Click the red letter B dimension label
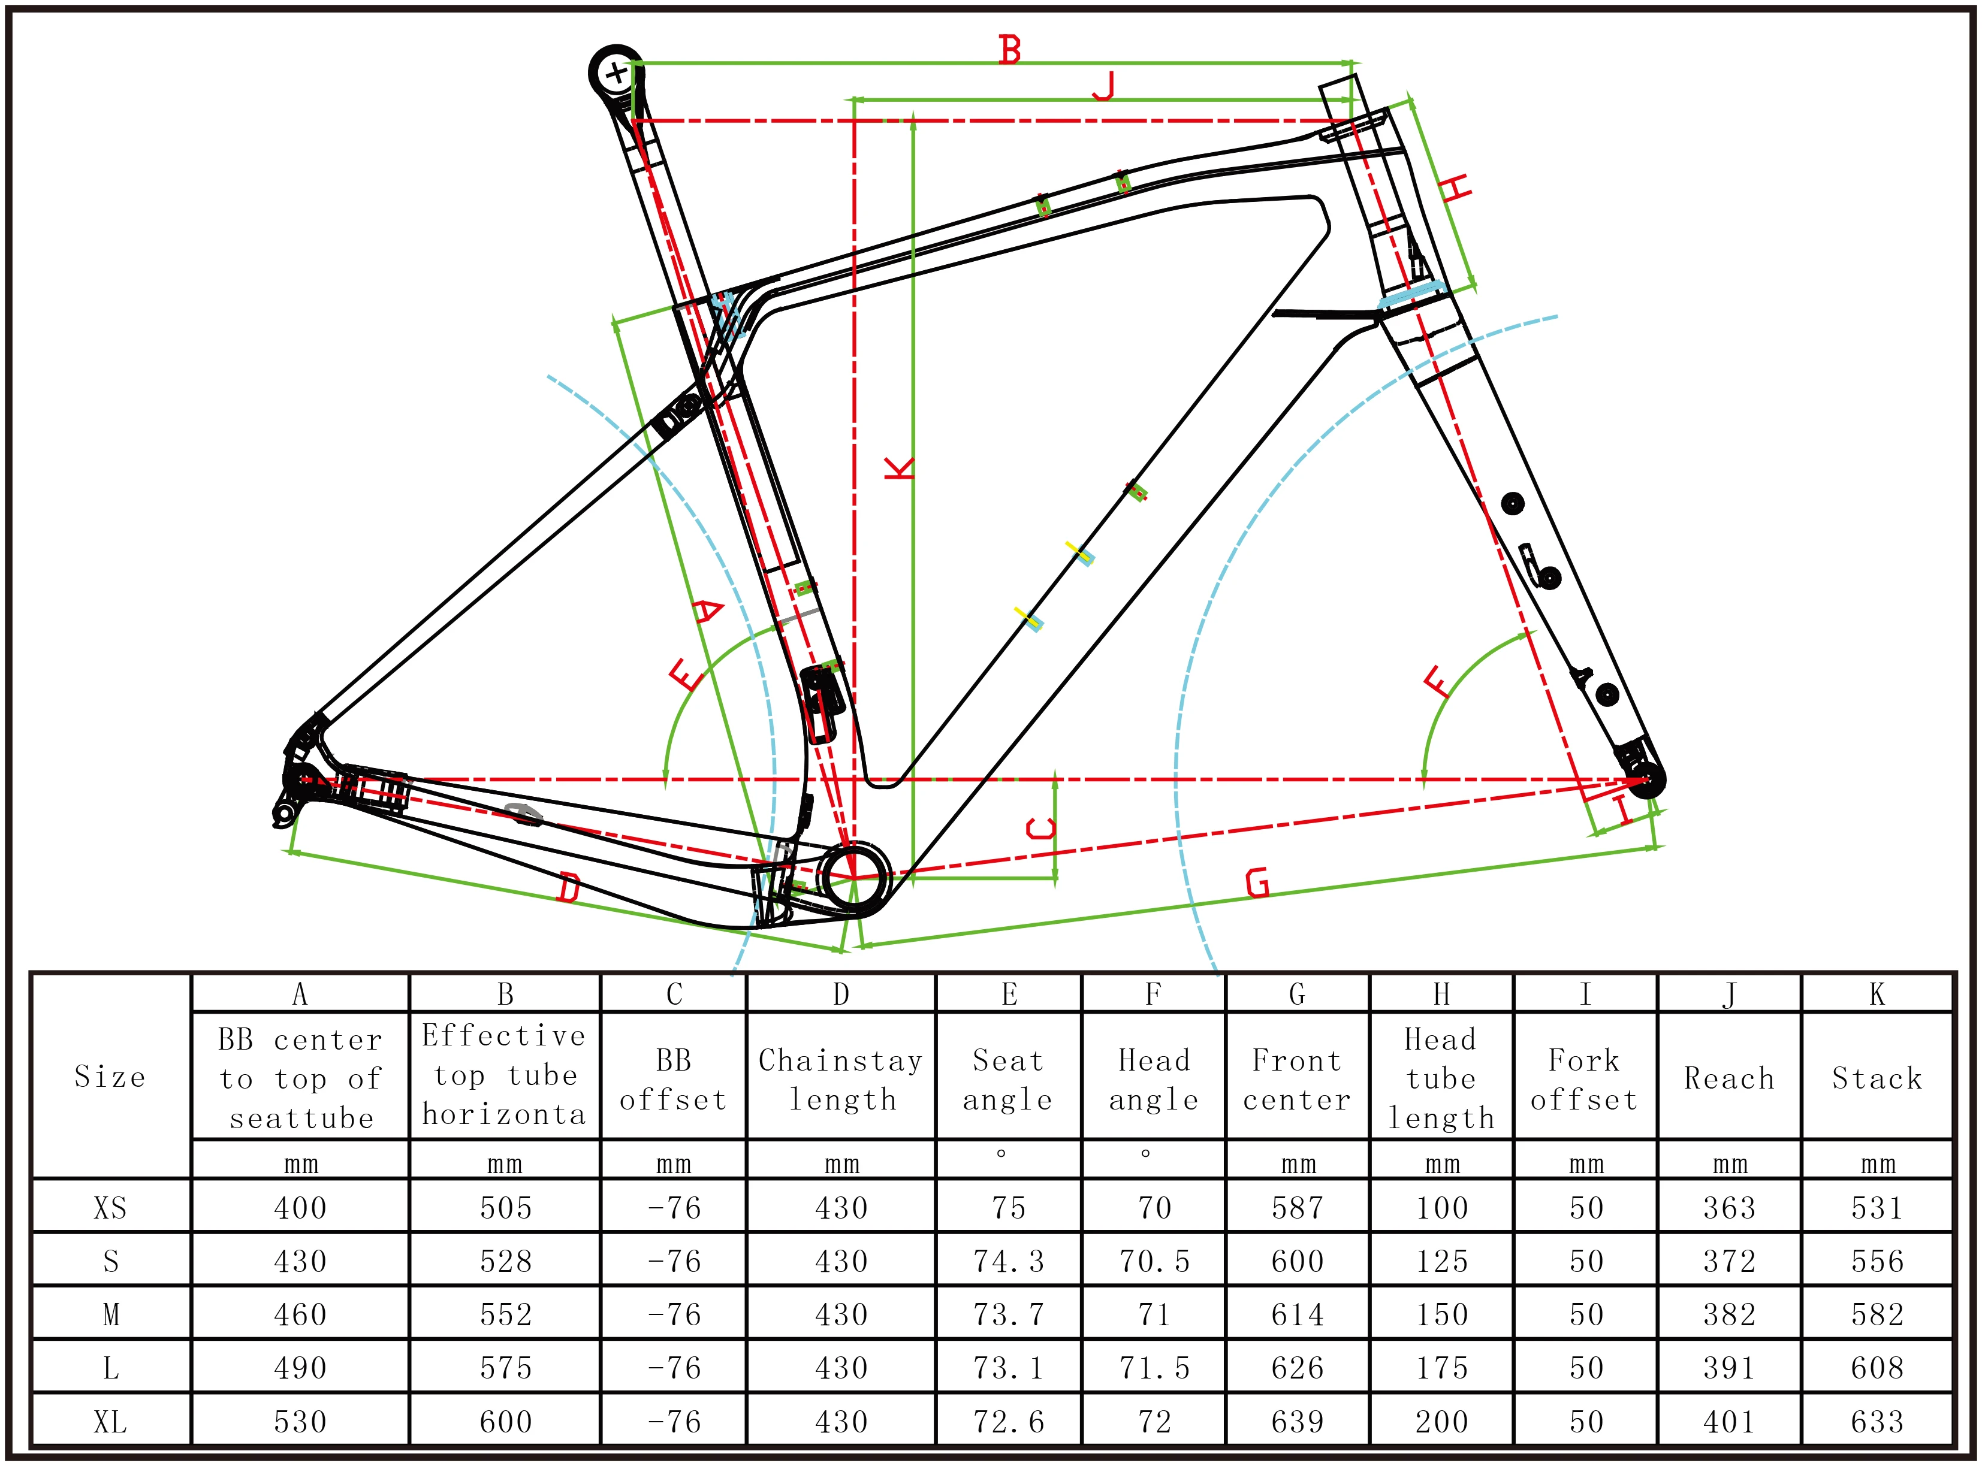coord(1009,50)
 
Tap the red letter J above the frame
coord(1103,87)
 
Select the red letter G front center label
coord(1258,883)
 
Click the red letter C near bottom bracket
coord(1041,829)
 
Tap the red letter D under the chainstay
coord(569,887)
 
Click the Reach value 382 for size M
coord(1729,1314)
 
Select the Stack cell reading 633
coord(1877,1422)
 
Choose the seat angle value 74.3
coord(1008,1261)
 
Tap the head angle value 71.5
coord(1154,1368)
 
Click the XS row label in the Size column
coord(110,1208)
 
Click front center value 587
coord(1297,1208)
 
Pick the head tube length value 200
coord(1441,1422)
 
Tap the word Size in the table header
coord(110,1077)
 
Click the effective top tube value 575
coord(505,1368)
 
